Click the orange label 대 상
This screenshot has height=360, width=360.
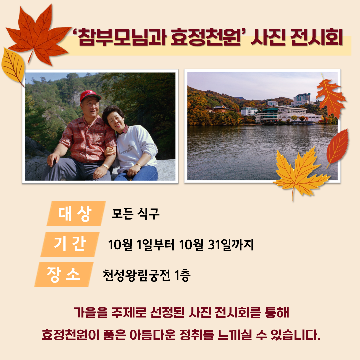point(76,214)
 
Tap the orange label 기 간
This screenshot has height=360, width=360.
point(70,244)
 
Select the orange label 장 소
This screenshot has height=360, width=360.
point(64,274)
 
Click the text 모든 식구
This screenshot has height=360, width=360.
point(135,214)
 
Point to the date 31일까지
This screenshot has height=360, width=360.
point(231,245)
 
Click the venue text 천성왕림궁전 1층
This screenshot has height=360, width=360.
point(146,275)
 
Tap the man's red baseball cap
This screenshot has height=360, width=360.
point(90,96)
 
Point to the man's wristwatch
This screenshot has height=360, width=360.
point(105,166)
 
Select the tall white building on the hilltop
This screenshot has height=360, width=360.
point(302,99)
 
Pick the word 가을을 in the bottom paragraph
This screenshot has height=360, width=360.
point(91,312)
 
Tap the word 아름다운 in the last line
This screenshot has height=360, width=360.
point(153,335)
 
